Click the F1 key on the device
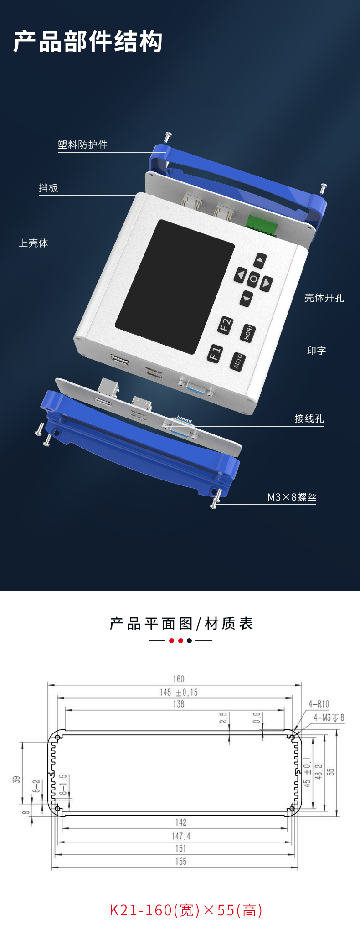click(x=215, y=353)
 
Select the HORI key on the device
click(x=247, y=333)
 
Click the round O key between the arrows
click(x=254, y=279)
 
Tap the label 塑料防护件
click(x=82, y=145)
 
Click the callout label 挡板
click(x=48, y=188)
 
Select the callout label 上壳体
click(x=33, y=243)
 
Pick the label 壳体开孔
click(x=324, y=298)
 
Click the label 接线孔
click(x=309, y=418)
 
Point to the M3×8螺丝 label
click(x=292, y=497)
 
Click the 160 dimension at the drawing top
click(x=179, y=679)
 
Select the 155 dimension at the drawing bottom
click(x=181, y=861)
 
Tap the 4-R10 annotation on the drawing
click(x=319, y=704)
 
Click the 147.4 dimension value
click(x=181, y=836)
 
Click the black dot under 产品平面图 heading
click(x=190, y=640)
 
